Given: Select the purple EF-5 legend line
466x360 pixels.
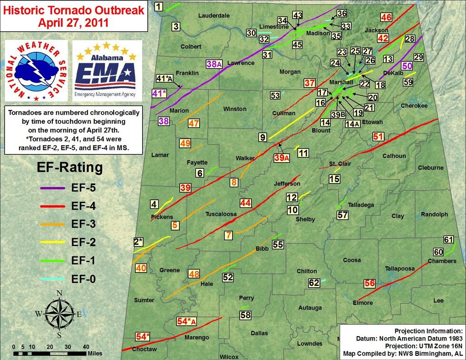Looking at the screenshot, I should pos(55,188).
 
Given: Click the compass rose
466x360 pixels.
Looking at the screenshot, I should pos(58,314).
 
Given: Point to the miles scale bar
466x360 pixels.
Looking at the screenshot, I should pos(50,353).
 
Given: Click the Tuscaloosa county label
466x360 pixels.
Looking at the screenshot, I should pos(221,214).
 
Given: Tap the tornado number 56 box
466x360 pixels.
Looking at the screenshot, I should pos(369,283).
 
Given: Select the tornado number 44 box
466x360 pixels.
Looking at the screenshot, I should pos(245,203).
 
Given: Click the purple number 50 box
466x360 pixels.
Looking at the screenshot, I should pos(407,66).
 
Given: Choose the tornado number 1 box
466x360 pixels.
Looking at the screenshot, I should pos(159,6).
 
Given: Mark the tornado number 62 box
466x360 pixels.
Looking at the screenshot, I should pos(314,283).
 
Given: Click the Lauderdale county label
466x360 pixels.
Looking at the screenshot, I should pos(214,15).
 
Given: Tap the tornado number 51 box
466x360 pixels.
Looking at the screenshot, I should pos(378,137).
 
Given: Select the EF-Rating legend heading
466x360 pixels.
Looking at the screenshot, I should pos(70,167).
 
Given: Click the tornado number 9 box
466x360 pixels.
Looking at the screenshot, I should pos(262,138).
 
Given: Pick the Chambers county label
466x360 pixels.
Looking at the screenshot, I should pos(442,261).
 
